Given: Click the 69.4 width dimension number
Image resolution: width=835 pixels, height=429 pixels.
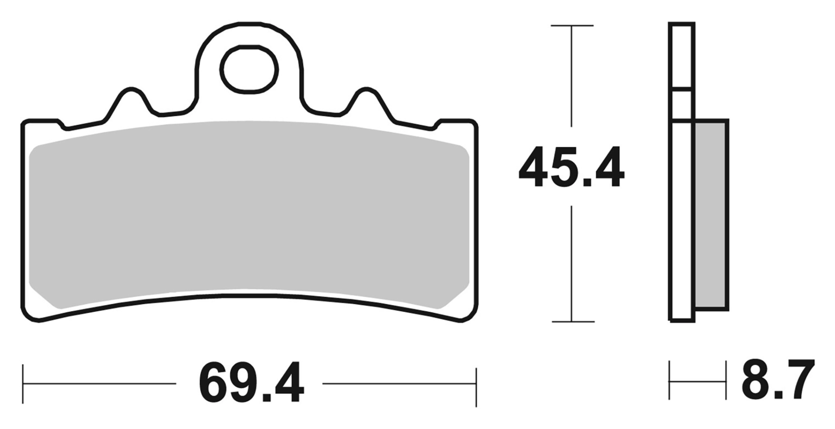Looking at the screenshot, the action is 251,384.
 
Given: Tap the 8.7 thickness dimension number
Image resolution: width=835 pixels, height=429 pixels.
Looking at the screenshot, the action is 778,379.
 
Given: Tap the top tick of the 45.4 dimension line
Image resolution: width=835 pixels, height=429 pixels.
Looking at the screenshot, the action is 572,26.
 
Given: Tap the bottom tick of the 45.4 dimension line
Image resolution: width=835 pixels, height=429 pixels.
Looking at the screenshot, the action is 573,321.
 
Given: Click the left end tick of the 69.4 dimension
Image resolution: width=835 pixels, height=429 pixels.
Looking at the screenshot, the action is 23,384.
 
